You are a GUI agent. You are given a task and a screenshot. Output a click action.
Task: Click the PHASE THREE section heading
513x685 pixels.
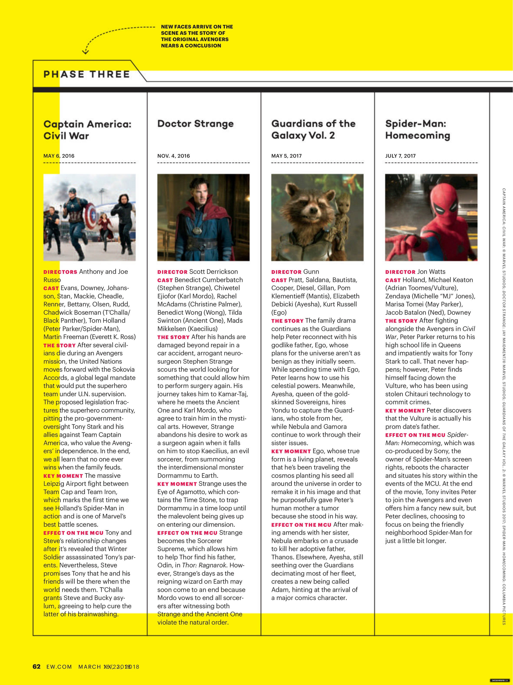click(86, 74)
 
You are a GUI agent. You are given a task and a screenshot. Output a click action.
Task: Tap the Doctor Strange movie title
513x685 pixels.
click(195, 124)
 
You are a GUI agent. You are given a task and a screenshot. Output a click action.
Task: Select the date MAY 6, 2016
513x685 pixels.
click(59, 156)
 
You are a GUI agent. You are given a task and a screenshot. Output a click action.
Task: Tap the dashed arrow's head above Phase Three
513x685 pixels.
click(86, 52)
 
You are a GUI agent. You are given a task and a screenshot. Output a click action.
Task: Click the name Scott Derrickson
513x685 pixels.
click(213, 272)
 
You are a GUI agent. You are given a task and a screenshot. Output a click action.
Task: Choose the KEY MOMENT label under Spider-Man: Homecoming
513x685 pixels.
click(405, 411)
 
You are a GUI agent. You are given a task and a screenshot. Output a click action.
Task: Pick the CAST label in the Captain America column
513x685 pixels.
click(51, 288)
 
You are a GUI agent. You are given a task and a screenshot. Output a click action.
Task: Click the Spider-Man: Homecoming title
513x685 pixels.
click(417, 129)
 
